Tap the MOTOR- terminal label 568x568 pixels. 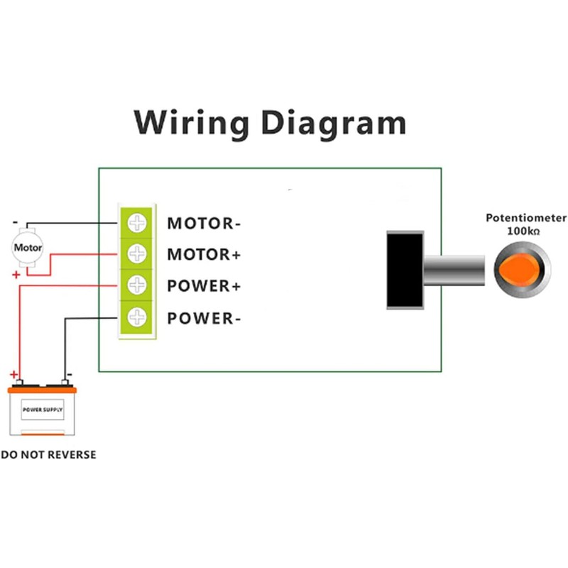pos(204,224)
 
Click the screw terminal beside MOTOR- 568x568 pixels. pos(137,223)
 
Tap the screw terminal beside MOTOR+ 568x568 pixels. pos(137,253)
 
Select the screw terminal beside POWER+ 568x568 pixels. pos(137,285)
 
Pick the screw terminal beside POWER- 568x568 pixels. pos(137,317)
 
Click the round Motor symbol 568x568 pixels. pos(28,248)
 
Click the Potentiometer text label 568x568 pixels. pos(526,218)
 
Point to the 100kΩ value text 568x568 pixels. pos(526,231)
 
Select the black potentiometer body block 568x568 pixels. pos(405,270)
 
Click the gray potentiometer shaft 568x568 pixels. pos(454,271)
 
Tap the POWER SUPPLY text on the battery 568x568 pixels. pos(43,410)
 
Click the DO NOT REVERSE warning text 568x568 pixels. pos(48,454)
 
